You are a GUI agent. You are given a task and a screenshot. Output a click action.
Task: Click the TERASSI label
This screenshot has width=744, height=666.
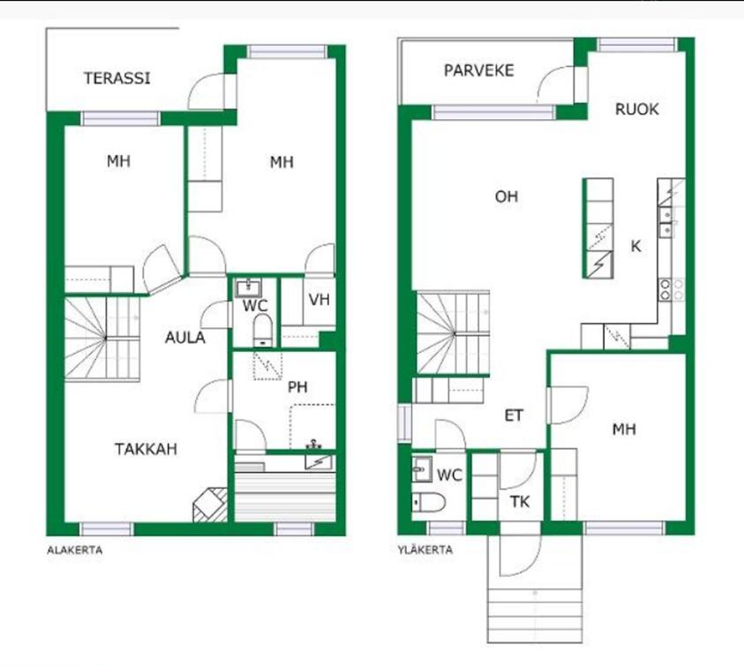[116, 79]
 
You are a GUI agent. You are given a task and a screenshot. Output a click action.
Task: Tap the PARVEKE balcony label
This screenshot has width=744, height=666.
[478, 71]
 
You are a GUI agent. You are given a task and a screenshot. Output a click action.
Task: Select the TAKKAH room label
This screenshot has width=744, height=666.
[147, 449]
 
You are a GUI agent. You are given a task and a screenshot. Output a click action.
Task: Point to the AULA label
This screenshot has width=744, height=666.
[185, 338]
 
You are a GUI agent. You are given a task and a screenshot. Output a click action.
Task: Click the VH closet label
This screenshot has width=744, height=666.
[319, 300]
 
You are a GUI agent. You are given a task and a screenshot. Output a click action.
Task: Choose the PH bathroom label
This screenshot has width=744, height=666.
[297, 387]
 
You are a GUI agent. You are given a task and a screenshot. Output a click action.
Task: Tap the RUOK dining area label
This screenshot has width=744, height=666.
[636, 109]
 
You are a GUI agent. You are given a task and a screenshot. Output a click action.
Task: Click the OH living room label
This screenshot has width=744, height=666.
[507, 197]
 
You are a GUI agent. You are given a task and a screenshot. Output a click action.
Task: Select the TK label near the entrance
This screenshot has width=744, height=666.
[520, 502]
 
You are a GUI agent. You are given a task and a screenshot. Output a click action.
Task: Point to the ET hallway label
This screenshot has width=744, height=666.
[514, 416]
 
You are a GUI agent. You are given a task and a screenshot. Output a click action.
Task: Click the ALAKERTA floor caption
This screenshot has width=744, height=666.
[75, 550]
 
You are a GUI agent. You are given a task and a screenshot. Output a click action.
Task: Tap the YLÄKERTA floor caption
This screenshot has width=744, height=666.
[425, 550]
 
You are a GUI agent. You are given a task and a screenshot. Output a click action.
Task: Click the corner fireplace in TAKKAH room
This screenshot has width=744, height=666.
[210, 505]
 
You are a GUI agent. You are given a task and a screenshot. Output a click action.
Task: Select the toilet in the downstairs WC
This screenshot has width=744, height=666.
[262, 331]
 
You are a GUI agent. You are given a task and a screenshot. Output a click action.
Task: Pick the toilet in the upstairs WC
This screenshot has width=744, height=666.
[428, 502]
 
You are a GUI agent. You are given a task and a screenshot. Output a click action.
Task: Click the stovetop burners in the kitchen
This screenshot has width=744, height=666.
[672, 289]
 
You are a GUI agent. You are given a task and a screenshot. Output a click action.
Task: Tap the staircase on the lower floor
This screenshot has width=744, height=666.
[102, 338]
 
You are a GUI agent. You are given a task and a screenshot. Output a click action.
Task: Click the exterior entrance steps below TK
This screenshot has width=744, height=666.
[535, 615]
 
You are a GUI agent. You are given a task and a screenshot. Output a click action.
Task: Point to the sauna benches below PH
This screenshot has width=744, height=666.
[286, 497]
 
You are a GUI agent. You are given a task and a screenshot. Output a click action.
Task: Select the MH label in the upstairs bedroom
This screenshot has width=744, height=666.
[624, 430]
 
